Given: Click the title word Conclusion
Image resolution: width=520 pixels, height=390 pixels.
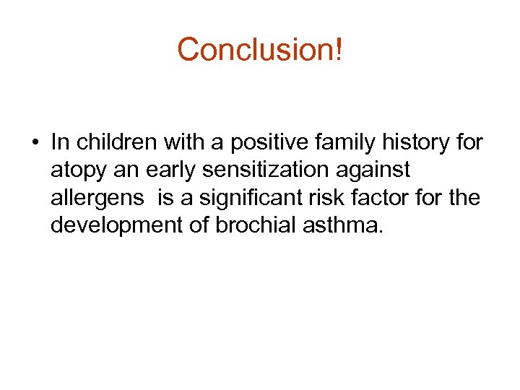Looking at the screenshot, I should pyautogui.click(x=256, y=50).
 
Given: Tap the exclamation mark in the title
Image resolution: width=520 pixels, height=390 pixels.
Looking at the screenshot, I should pyautogui.click(x=339, y=50).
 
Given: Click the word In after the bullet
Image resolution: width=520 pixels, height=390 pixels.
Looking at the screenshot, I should pyautogui.click(x=59, y=142).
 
